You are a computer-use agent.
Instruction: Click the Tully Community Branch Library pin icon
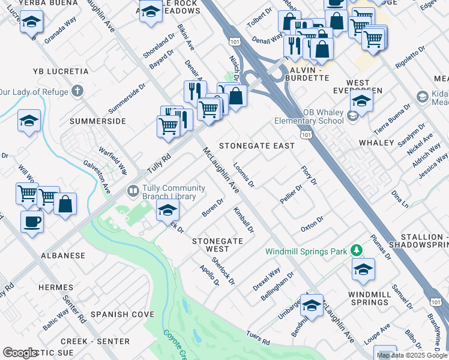(133, 191)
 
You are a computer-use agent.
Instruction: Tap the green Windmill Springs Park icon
(357, 249)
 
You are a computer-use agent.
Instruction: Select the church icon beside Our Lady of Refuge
(76, 91)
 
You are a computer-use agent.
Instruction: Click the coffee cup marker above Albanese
(32, 221)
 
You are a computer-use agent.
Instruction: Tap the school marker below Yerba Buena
(31, 23)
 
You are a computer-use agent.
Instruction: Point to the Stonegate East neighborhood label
(256, 146)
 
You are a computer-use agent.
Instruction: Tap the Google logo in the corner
(20, 353)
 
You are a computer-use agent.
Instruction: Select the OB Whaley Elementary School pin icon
(352, 115)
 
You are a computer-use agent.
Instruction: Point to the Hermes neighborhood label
(55, 288)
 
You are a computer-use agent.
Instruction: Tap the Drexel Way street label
(266, 279)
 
